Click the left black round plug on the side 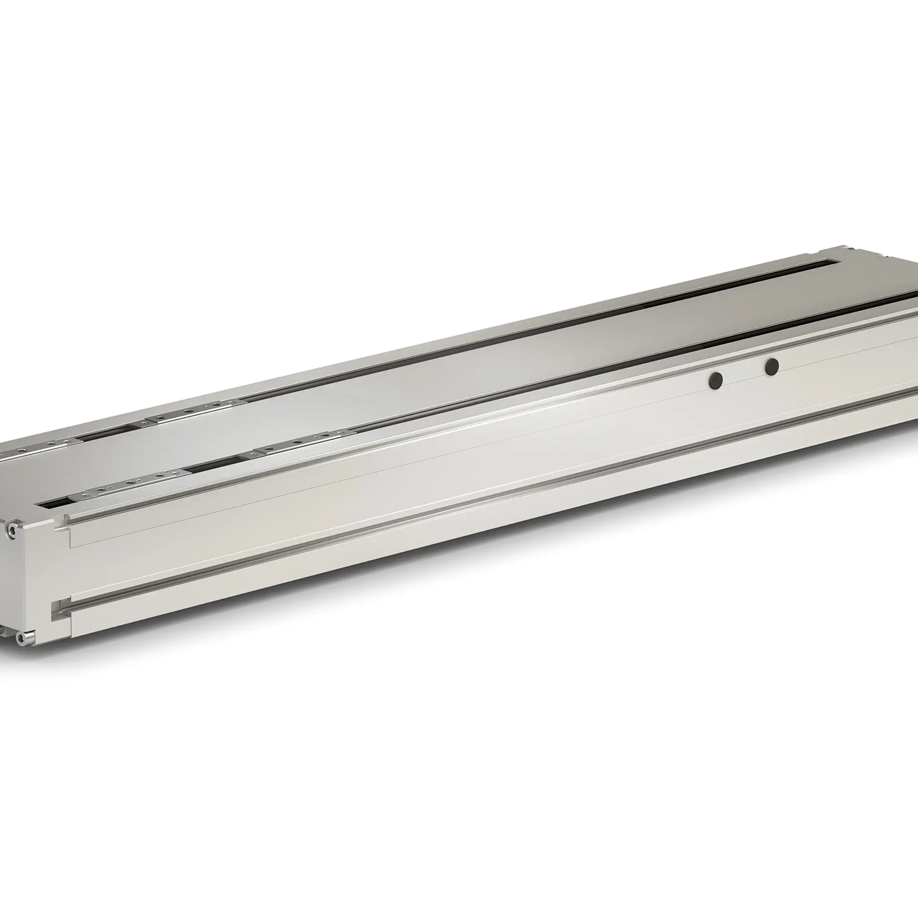tap(716, 380)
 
